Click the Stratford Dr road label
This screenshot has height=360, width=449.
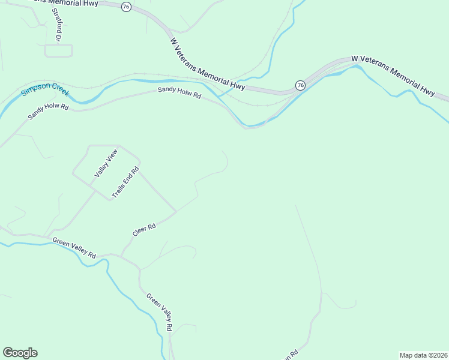[58, 25]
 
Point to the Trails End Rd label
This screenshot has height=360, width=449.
[125, 183]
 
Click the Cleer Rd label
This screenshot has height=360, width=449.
[144, 229]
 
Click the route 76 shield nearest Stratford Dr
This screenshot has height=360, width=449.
[125, 6]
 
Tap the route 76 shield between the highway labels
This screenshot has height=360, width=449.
[300, 85]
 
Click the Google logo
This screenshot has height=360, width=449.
[20, 353]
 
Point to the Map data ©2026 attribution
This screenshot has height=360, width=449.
[423, 355]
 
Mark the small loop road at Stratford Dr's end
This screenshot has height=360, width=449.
[58, 50]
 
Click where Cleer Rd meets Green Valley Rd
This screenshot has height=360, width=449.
[121, 256]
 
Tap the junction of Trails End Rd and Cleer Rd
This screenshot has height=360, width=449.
[176, 211]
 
